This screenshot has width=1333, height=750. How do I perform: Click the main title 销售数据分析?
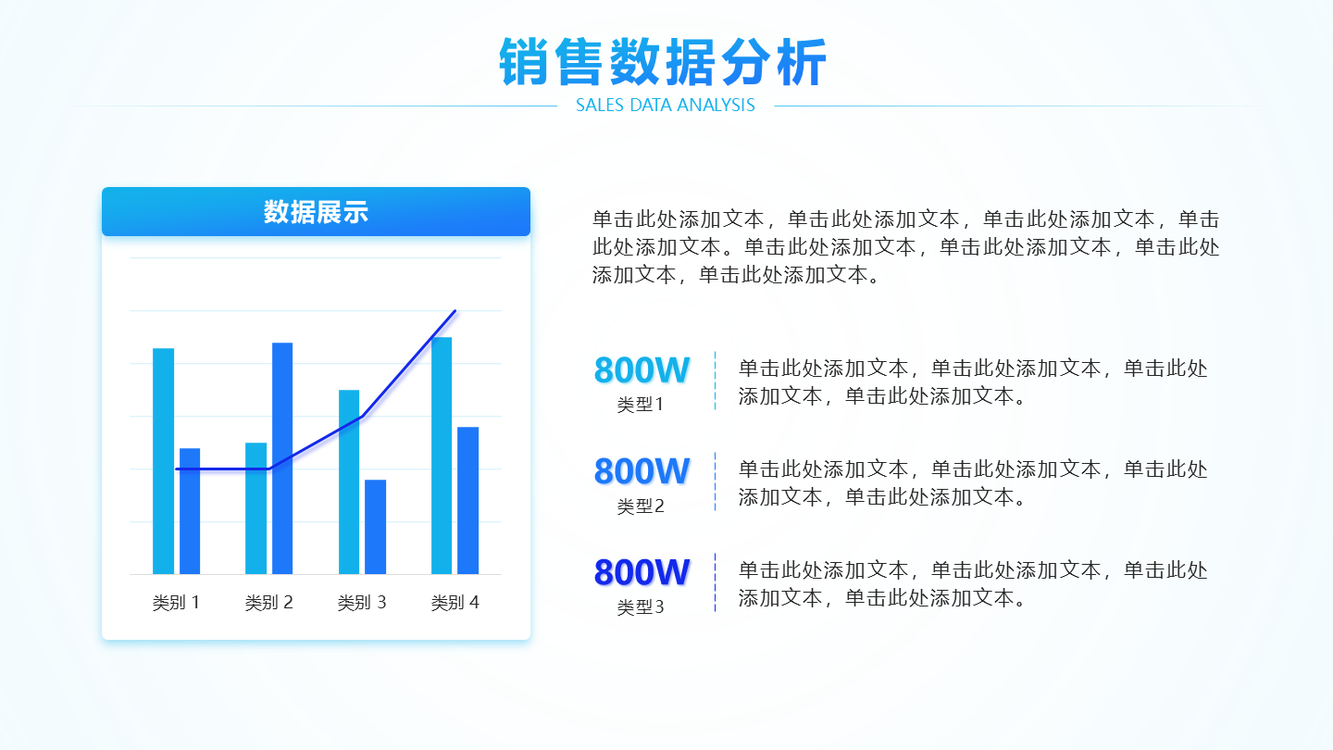[663, 62]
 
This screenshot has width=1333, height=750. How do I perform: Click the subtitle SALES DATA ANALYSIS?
[666, 106]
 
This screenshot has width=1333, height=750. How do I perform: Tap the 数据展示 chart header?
[316, 212]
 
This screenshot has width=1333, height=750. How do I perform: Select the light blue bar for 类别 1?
[164, 461]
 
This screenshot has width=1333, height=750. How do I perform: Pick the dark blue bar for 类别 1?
[190, 511]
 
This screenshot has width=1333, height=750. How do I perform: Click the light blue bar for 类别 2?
[255, 508]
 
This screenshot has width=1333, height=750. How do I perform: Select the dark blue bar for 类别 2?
[282, 458]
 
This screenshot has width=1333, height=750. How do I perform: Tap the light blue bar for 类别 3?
[349, 482]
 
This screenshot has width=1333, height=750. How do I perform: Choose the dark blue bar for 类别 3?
[376, 527]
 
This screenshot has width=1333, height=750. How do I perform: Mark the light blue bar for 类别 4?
[442, 456]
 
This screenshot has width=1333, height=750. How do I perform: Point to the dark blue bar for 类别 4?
[467, 501]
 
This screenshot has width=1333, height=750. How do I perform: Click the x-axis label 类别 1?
[176, 603]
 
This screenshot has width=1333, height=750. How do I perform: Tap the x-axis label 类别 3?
[362, 603]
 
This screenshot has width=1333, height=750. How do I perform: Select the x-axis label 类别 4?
[455, 603]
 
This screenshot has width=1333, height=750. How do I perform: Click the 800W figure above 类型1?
[642, 370]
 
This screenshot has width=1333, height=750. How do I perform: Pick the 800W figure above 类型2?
[642, 471]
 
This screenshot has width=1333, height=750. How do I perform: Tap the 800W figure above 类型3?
[642, 572]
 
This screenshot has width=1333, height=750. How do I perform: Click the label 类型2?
[641, 506]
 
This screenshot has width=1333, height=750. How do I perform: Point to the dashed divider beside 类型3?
[716, 582]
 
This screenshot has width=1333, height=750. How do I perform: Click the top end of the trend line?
[455, 311]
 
